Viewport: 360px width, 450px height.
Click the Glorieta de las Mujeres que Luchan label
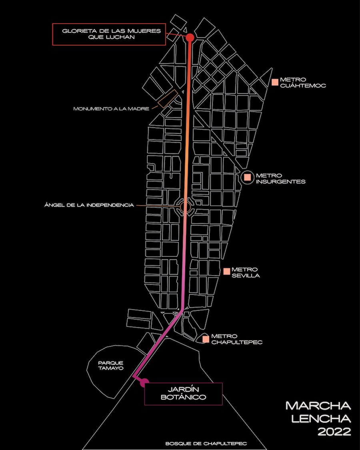[109, 34]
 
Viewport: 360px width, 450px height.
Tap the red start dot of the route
[190, 37]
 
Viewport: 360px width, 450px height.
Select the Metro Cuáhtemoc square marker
[275, 82]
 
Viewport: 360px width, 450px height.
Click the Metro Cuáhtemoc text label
[303, 82]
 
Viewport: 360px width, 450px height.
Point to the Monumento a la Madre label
[111, 108]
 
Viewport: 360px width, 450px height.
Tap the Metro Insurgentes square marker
[248, 176]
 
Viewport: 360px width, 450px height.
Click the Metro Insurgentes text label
[281, 178]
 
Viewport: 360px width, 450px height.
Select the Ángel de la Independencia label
[89, 205]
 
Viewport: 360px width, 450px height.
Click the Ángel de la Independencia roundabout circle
[185, 207]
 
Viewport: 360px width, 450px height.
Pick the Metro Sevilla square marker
[226, 271]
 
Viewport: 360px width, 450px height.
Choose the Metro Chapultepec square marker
[206, 339]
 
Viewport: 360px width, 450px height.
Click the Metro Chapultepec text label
[237, 339]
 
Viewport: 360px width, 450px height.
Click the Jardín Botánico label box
[183, 394]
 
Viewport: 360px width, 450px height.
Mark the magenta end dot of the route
[144, 383]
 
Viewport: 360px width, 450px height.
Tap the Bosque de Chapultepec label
[206, 444]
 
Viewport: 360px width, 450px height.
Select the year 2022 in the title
[334, 432]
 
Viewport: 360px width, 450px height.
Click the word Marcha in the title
[318, 406]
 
